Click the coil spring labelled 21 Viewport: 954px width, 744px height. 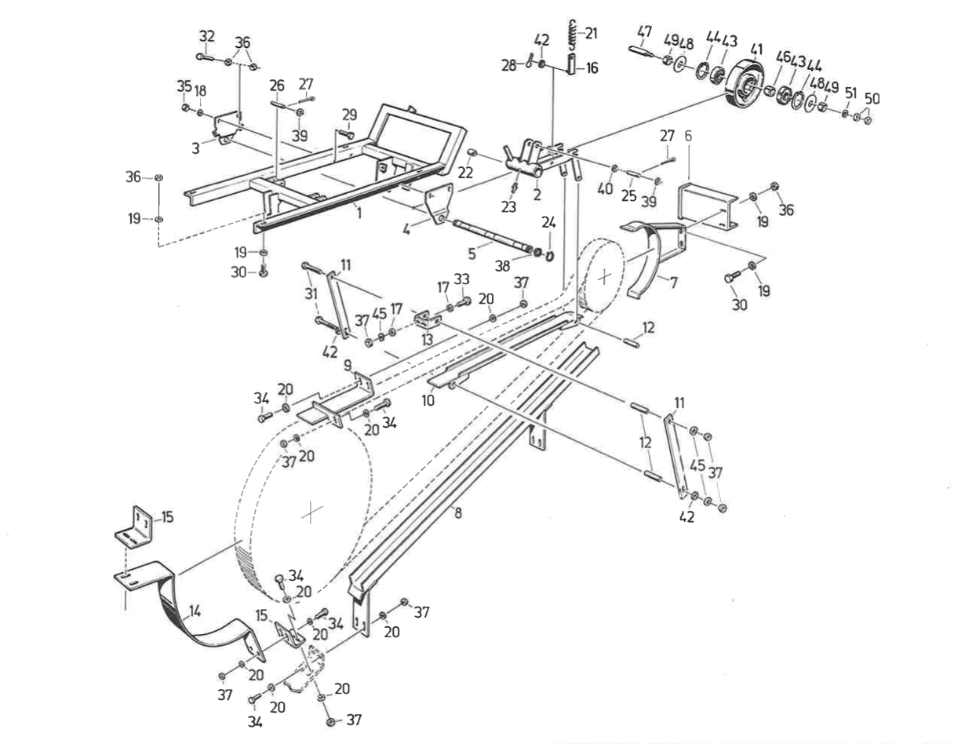coord(573,35)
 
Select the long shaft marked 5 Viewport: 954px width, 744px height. coord(486,236)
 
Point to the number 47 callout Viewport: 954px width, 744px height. coord(644,32)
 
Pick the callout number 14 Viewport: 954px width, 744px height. coord(195,610)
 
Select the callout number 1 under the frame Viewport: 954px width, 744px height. coord(358,212)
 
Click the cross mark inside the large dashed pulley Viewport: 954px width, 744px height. coord(312,512)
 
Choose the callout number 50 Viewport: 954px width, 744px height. coord(872,99)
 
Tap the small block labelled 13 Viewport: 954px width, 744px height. coord(426,320)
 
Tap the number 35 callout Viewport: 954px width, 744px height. coord(184,86)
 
